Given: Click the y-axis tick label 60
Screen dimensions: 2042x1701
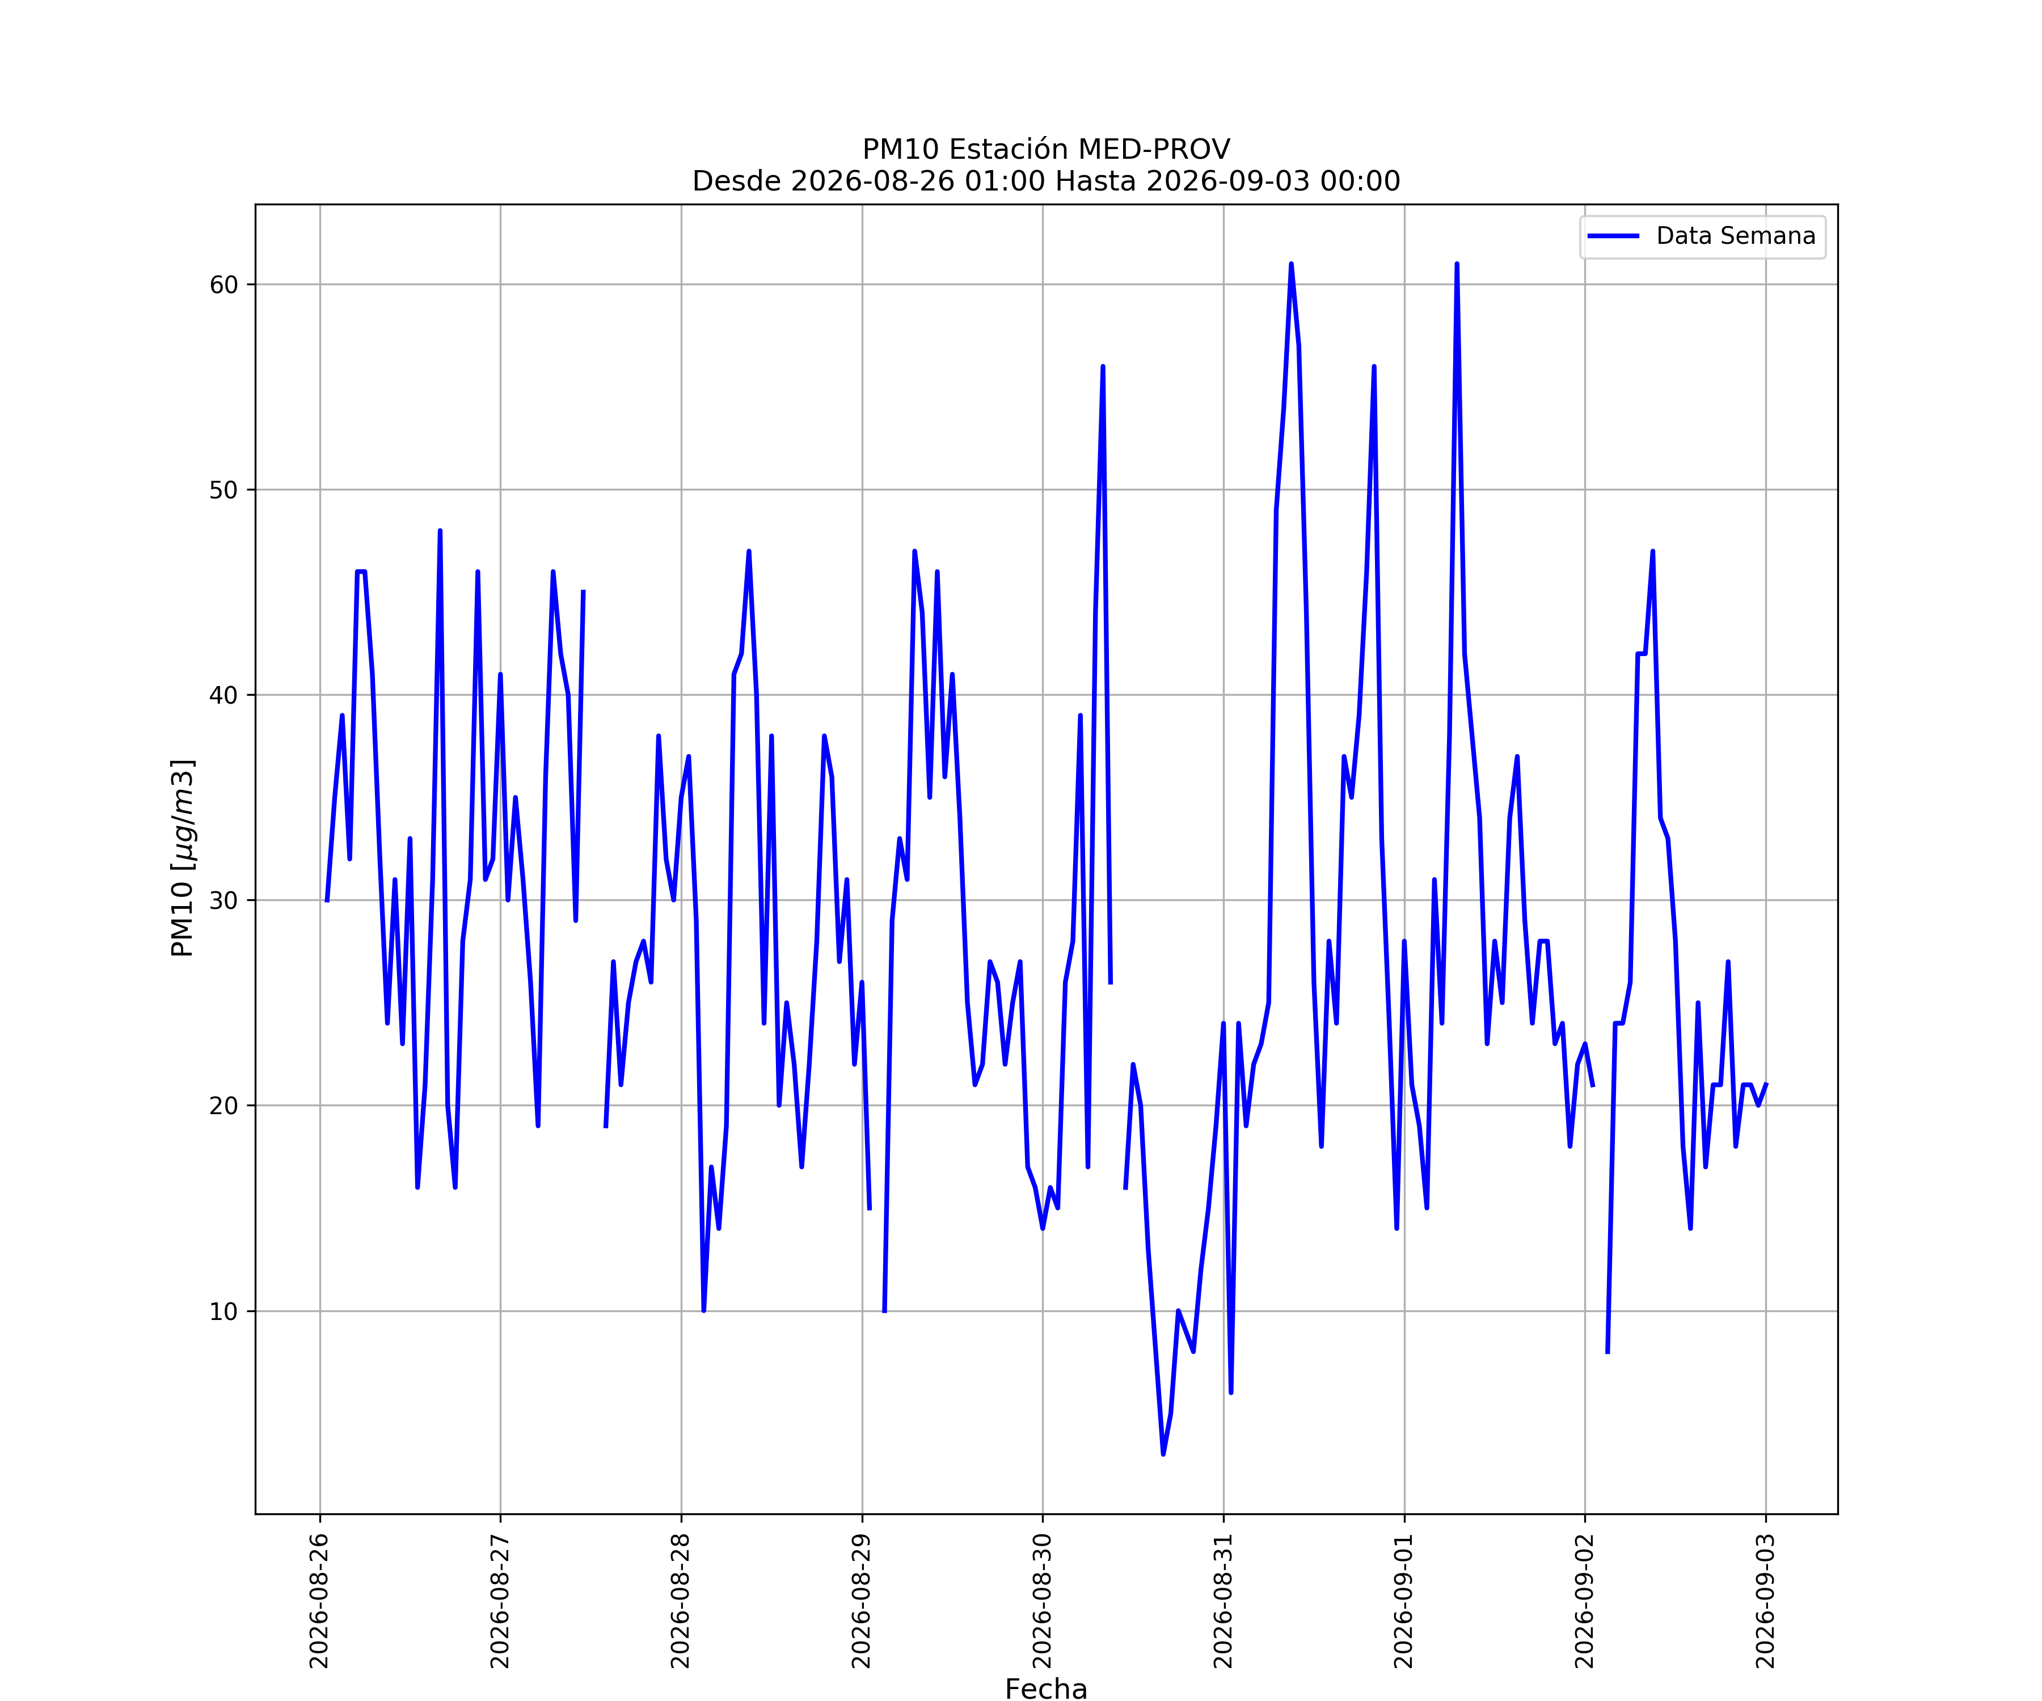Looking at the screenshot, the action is (x=223, y=285).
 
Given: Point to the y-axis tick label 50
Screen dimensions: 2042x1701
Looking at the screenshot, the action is (x=223, y=490).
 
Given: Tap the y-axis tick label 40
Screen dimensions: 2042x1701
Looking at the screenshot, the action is (x=223, y=695).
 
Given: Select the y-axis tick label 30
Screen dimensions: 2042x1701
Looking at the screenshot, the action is (x=223, y=900).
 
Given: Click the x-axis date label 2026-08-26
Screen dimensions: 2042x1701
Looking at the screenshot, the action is (x=320, y=1601).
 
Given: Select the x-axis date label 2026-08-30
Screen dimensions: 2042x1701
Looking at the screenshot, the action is (x=1043, y=1601).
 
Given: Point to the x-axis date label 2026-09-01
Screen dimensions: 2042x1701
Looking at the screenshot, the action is (x=1404, y=1601).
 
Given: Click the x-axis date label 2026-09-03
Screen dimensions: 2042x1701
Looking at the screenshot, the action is (x=1766, y=1601).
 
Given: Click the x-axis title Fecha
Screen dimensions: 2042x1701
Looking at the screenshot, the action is (x=1047, y=1689).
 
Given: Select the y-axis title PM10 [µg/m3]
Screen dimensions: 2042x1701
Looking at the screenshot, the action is (x=183, y=858).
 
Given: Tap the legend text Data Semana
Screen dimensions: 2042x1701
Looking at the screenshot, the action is (x=1736, y=236).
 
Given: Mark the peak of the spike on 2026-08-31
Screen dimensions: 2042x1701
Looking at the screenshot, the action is (x=1292, y=264).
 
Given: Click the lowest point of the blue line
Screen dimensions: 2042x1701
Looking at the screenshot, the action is (x=1163, y=1454).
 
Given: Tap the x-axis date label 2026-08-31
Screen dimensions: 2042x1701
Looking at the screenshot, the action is (x=1223, y=1601).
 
